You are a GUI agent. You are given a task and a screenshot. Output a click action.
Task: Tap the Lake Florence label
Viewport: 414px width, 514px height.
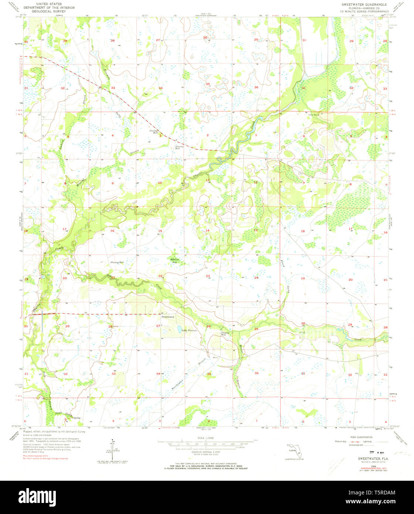pos(189,330)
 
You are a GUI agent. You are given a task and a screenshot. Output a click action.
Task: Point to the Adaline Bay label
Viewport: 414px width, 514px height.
pos(174,260)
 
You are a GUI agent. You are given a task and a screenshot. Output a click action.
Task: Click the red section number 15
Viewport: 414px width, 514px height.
pos(160,231)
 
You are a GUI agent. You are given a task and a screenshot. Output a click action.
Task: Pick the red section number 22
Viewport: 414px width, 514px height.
pos(160,276)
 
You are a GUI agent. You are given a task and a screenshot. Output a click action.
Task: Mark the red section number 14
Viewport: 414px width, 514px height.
pos(207,230)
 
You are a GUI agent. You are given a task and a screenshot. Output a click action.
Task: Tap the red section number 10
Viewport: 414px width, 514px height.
pos(160,183)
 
